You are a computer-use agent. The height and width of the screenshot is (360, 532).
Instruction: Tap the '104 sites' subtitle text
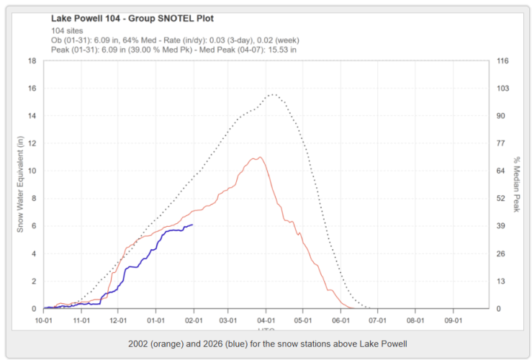(67, 31)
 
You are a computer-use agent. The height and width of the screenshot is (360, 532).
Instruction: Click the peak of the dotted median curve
(272, 94)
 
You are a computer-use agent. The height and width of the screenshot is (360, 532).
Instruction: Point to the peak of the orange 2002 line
(258, 157)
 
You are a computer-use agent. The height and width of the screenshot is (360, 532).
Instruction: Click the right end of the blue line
(192, 225)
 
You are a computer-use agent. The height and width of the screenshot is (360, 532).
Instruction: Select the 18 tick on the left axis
(32, 60)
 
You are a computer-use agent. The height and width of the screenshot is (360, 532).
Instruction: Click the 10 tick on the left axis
(32, 171)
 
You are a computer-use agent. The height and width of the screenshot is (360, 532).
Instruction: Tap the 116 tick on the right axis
(503, 60)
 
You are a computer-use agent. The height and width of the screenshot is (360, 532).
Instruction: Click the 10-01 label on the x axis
(45, 318)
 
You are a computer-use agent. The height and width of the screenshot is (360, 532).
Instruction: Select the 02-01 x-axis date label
(194, 318)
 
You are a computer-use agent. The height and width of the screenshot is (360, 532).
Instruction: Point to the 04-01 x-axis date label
(267, 318)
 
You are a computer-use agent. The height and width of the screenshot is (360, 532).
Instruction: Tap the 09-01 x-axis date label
(452, 318)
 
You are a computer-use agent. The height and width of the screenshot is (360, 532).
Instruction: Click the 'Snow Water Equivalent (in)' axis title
(21, 184)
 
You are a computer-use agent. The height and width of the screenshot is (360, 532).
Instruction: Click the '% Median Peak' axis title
(516, 184)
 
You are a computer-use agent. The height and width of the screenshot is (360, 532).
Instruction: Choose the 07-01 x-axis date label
(378, 318)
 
